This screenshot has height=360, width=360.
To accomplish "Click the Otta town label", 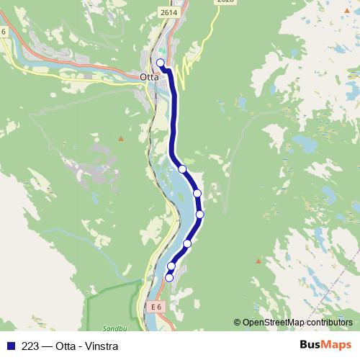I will pos(149,76).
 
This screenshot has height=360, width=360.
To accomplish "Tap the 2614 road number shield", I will pos(169,12).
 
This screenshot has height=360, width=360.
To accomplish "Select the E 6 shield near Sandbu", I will pos(156,307).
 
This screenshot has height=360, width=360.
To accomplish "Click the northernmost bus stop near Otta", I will pos(161,63).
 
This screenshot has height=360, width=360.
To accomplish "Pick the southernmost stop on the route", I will pos(170,277).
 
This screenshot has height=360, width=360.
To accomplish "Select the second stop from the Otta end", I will pos(182,169).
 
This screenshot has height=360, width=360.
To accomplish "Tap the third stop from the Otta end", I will pos(197,194).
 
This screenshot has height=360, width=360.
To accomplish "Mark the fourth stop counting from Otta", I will pos(200,214).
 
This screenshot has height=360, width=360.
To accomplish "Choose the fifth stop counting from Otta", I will pos(187,243).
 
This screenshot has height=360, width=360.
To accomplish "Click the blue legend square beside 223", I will pos(11,346).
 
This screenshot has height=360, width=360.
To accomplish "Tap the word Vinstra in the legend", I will pos(101,346).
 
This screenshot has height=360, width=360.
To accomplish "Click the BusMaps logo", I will pos(326,345).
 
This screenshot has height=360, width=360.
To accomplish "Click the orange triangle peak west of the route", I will pos(121,138).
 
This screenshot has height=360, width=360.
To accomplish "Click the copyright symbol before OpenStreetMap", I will pos(237,323).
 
